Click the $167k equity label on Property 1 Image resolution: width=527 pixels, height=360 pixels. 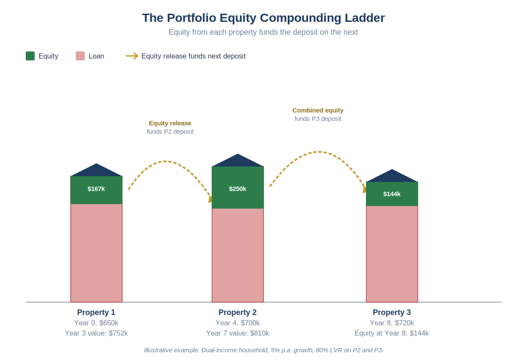[96, 189]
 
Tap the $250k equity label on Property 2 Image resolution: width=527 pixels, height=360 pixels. [238, 189]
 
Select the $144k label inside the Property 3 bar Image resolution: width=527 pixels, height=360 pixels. [392, 194]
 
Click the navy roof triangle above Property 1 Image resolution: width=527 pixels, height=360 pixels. [96, 171]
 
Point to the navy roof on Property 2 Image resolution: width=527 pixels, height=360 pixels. [238, 162]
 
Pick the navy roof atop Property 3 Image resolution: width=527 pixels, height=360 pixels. [392, 177]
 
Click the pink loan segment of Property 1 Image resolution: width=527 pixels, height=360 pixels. [96, 253]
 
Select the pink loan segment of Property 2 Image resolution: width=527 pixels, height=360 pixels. [238, 255]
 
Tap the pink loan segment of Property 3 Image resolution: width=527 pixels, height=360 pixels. [392, 254]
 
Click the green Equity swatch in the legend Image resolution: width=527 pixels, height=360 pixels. [30, 56]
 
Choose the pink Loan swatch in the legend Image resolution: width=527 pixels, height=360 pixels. [80, 56]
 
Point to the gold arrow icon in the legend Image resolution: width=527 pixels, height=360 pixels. [132, 56]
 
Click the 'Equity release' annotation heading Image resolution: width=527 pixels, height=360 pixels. [170, 123]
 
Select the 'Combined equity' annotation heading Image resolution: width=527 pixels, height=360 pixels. [318, 110]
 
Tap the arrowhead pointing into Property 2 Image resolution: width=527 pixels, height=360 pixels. [210, 200]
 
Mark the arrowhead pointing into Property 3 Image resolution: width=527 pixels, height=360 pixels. [365, 190]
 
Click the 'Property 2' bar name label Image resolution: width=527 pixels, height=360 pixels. [238, 312]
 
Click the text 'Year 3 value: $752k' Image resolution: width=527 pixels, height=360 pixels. [96, 333]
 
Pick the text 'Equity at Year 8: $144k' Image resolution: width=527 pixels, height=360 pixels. [392, 333]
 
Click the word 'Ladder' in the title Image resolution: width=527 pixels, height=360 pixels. [365, 18]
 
